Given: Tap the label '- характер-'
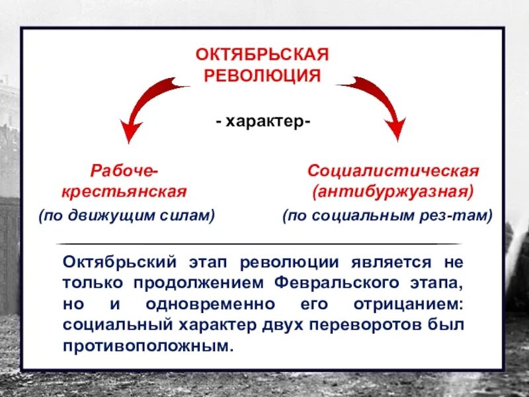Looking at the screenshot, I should click(263, 122).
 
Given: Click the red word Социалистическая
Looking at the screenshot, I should click(393, 171).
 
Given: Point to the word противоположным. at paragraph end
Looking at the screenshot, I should click(148, 347).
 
